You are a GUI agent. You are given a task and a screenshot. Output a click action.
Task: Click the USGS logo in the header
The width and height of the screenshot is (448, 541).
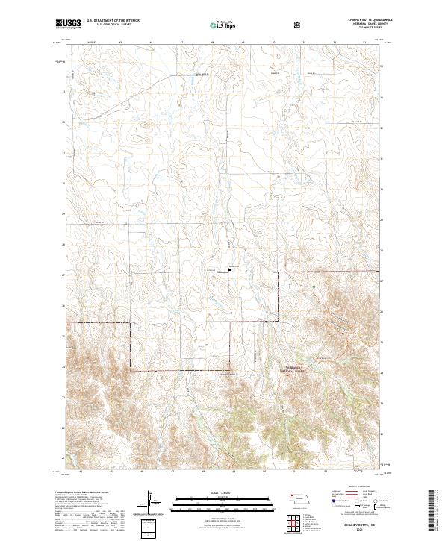[x=68, y=24]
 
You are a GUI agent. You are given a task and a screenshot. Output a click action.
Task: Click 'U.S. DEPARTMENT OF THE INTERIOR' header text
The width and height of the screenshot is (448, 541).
[x=113, y=20]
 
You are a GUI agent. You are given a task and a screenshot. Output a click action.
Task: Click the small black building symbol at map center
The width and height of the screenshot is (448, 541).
[x=230, y=270]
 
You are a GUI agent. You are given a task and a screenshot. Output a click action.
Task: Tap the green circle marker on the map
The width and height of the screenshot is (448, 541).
[x=314, y=286]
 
